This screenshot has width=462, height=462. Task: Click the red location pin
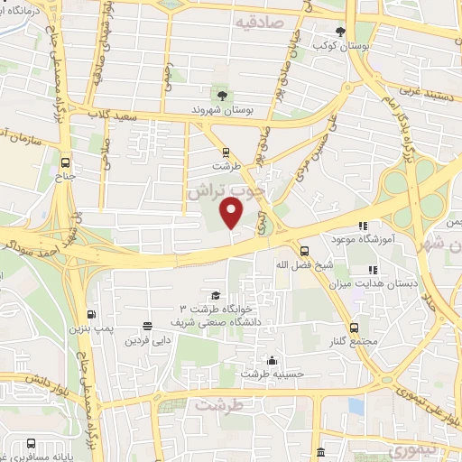[x=232, y=213]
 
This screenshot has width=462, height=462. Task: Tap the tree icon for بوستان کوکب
[x=341, y=30]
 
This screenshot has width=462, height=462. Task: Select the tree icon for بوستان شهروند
[x=219, y=93]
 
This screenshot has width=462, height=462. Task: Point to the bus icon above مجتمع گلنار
[x=354, y=328]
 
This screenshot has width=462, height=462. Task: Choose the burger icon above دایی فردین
[x=147, y=327]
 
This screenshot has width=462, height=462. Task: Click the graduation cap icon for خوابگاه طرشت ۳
[x=215, y=295]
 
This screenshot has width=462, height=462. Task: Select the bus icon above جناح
[x=64, y=163]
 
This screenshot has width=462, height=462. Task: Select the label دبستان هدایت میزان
[x=389, y=283]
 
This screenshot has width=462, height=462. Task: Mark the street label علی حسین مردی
[x=320, y=144]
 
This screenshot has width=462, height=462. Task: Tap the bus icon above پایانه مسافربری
[x=32, y=444]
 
